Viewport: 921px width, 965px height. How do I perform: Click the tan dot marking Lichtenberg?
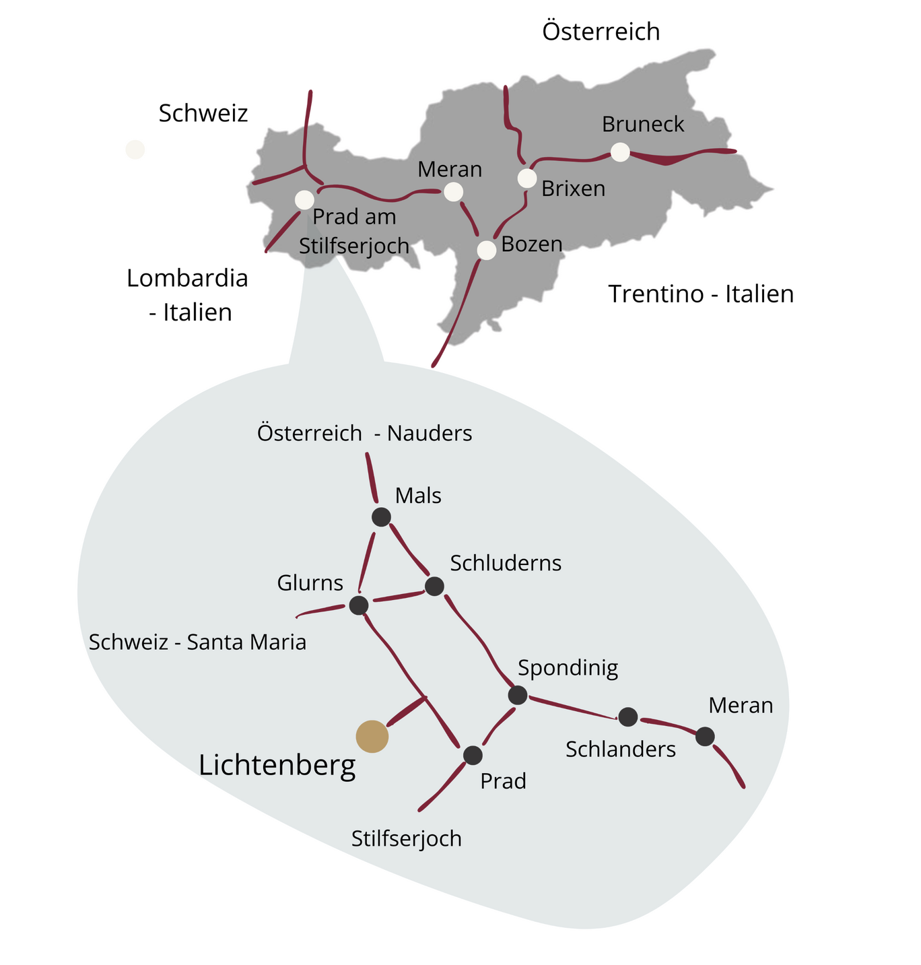coord(372,736)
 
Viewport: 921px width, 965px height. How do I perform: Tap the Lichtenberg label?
coord(277,766)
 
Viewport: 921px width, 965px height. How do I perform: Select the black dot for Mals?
coord(382,517)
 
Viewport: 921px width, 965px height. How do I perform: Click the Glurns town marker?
coord(359,605)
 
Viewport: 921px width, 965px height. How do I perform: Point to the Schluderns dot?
coord(434,586)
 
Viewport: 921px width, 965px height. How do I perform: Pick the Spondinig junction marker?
coord(518,694)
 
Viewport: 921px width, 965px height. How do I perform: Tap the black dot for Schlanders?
coord(628,717)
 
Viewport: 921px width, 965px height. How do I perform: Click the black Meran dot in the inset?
coord(705,736)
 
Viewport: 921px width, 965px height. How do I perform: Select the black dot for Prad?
coord(473,755)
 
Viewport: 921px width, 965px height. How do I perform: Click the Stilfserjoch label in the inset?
coord(407,839)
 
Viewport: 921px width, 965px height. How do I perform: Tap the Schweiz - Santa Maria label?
coord(197,642)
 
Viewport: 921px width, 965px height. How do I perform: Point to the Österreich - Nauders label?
coord(364,433)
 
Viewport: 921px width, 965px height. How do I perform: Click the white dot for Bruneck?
coord(620,153)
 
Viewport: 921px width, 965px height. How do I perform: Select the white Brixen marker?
coord(527,178)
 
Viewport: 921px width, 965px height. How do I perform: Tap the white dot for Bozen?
coord(487,251)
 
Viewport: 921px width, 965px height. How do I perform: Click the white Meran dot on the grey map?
coord(454,193)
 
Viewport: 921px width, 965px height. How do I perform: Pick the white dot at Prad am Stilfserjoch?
coord(304,200)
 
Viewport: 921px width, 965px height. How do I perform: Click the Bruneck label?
coord(642,125)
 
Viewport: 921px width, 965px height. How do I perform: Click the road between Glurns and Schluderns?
coord(397,596)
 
